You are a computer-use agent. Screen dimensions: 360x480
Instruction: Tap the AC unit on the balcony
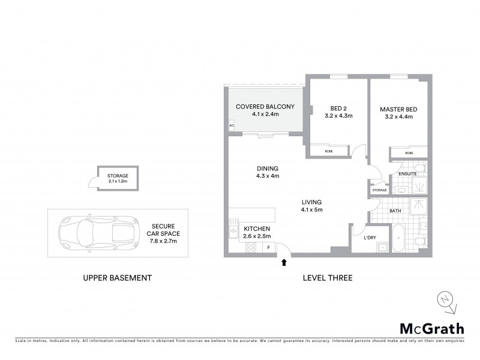point(231,125)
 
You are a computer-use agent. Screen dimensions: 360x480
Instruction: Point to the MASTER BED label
point(398,110)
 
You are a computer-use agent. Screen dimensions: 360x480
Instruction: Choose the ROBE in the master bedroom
point(409,154)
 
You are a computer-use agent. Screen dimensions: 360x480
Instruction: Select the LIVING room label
point(312,202)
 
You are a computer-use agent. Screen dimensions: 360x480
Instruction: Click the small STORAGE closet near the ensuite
point(379,190)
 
